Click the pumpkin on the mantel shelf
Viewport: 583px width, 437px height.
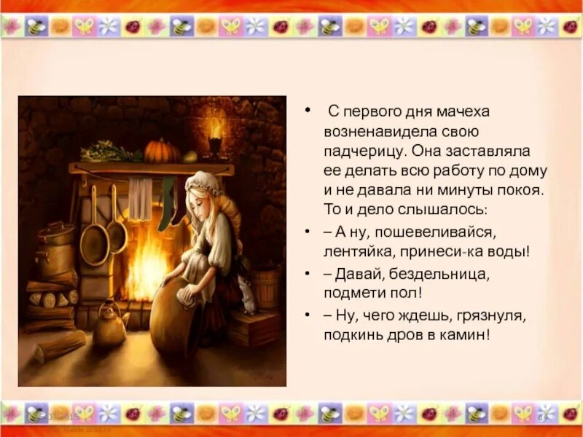coord(162,151)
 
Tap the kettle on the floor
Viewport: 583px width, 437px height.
coord(109,326)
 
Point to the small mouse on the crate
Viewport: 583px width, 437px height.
coord(249,298)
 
